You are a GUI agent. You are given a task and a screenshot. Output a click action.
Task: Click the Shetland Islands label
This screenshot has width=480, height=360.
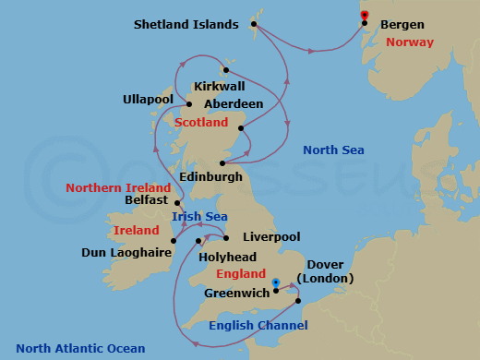(x=185, y=25)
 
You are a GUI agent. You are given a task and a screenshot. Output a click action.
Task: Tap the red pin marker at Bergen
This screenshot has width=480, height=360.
(x=365, y=15)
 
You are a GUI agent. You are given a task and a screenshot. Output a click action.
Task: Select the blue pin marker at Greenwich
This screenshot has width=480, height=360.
(x=276, y=282)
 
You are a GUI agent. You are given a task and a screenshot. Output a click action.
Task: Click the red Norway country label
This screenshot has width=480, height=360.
(x=409, y=42)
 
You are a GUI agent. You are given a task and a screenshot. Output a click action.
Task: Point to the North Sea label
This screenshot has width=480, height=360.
(x=333, y=150)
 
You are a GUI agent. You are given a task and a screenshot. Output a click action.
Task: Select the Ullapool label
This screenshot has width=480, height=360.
(x=150, y=99)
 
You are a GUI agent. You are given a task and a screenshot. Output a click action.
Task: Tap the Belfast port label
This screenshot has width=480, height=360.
(x=146, y=199)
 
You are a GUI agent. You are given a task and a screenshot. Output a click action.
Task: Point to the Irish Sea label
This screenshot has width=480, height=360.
(x=199, y=216)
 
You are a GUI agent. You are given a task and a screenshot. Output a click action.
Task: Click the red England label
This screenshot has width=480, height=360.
(x=240, y=274)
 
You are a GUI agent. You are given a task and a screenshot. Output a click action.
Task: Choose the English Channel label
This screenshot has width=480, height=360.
(x=258, y=325)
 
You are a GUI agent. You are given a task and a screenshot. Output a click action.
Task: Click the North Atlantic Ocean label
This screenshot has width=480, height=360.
(x=80, y=348)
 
